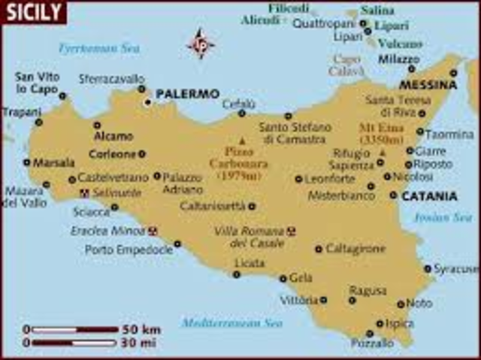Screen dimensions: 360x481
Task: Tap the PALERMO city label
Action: point(187,94)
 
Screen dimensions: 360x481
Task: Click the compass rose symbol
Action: point(200,43)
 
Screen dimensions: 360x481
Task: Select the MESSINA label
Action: point(428,85)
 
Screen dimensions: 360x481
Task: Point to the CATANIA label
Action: point(429,196)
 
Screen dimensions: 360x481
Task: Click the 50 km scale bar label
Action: point(141,329)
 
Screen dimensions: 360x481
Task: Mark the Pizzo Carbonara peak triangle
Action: point(241,141)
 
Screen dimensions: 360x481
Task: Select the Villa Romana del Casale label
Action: point(249,237)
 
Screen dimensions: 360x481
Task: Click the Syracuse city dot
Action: point(428,268)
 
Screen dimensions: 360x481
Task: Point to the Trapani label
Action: point(21,111)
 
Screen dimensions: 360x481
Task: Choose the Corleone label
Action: point(113,154)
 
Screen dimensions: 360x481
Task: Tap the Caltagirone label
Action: point(355,248)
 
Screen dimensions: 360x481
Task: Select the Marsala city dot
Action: point(27,162)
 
